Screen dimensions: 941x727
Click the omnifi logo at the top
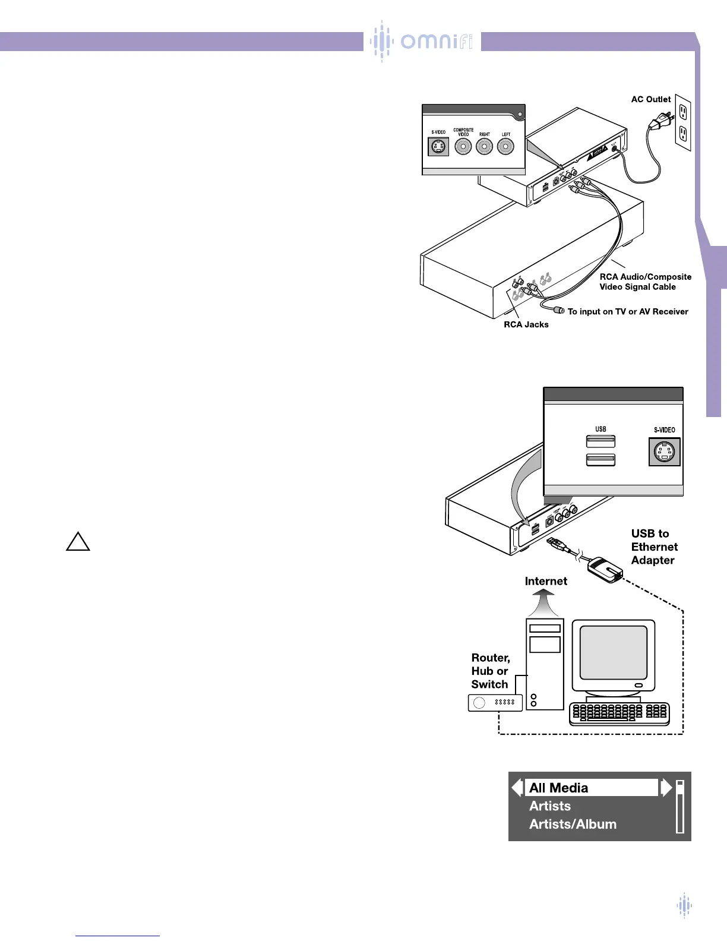(x=422, y=41)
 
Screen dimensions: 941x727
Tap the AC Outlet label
(x=651, y=99)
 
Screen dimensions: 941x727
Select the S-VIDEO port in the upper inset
(x=439, y=146)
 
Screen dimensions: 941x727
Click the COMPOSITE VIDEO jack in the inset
(x=463, y=146)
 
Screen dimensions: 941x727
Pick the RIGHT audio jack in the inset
(x=485, y=146)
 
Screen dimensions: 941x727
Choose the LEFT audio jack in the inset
(x=505, y=146)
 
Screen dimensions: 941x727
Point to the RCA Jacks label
(x=526, y=324)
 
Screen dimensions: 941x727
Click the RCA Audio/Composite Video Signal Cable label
(x=645, y=282)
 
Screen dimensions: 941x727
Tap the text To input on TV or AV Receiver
(x=628, y=311)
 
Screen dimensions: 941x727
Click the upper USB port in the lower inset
(x=600, y=441)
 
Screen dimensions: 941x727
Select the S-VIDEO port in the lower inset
(x=664, y=453)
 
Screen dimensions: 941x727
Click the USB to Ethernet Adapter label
(x=654, y=547)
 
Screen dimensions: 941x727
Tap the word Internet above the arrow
(x=546, y=581)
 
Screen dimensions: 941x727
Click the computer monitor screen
(x=613, y=652)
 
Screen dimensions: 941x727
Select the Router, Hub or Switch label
(x=491, y=671)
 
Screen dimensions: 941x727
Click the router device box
(x=495, y=703)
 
